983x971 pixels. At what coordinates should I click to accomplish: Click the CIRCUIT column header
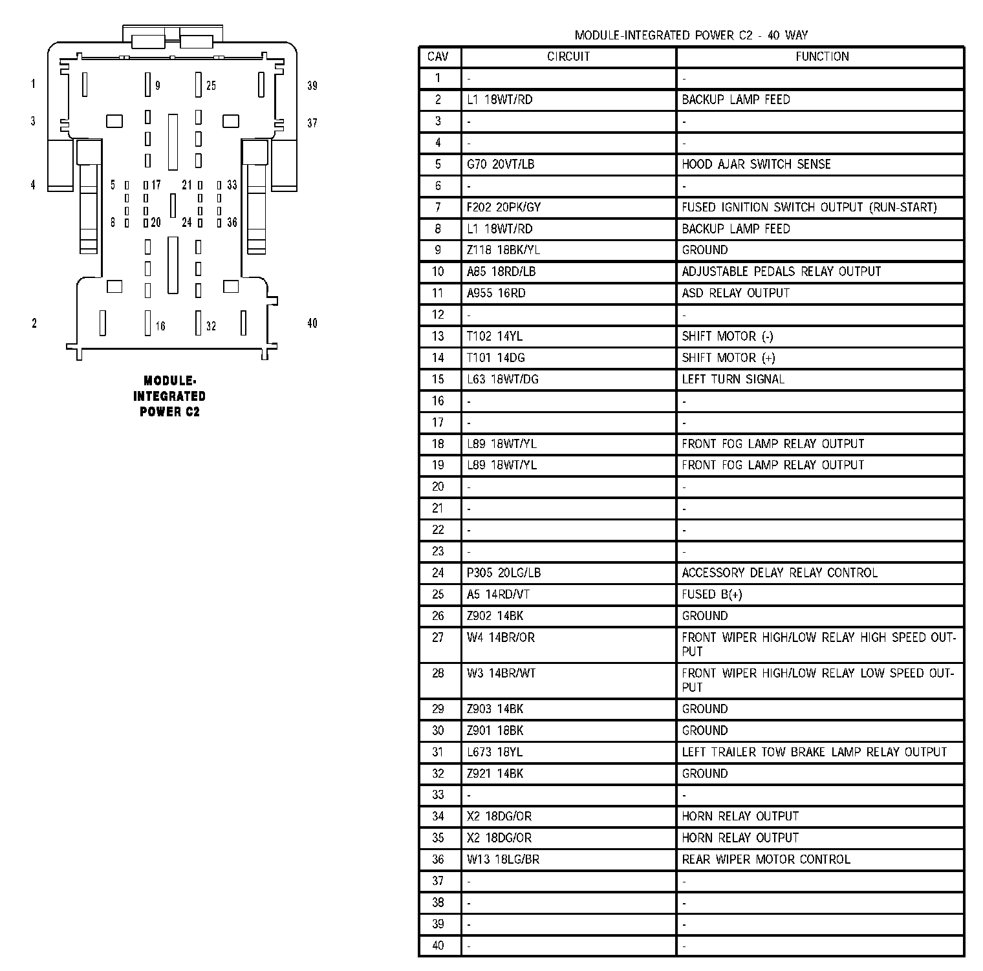pos(568,57)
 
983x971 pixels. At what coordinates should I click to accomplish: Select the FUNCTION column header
pos(822,57)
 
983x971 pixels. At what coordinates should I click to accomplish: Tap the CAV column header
pos(438,57)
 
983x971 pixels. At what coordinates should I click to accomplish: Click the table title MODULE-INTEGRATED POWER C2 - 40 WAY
pos(691,36)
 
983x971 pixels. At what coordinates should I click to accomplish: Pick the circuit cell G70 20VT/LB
pos(501,164)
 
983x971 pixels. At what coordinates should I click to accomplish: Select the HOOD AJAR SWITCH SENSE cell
pos(756,164)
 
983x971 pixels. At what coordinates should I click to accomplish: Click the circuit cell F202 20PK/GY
pos(504,208)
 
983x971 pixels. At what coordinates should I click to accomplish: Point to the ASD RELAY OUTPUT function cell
pos(735,293)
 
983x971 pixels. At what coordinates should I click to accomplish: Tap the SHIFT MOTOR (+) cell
pos(728,358)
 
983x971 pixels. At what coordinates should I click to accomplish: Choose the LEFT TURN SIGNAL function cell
pos(733,379)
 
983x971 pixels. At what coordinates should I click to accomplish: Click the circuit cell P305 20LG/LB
pos(504,573)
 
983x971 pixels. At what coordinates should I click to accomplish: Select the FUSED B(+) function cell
pos(711,595)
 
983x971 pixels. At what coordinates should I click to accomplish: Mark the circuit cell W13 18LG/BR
pos(503,860)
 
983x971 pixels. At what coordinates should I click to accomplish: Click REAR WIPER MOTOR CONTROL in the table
pos(766,860)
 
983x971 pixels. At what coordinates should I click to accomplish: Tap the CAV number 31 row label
pos(438,752)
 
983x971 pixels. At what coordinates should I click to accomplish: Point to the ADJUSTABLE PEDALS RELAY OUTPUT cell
pos(781,272)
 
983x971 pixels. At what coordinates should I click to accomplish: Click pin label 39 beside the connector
pos(312,86)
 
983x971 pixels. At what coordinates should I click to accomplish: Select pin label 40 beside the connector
pos(312,323)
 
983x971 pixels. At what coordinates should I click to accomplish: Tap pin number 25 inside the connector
pos(211,86)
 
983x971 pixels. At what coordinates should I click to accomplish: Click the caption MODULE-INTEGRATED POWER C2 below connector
pos(169,396)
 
